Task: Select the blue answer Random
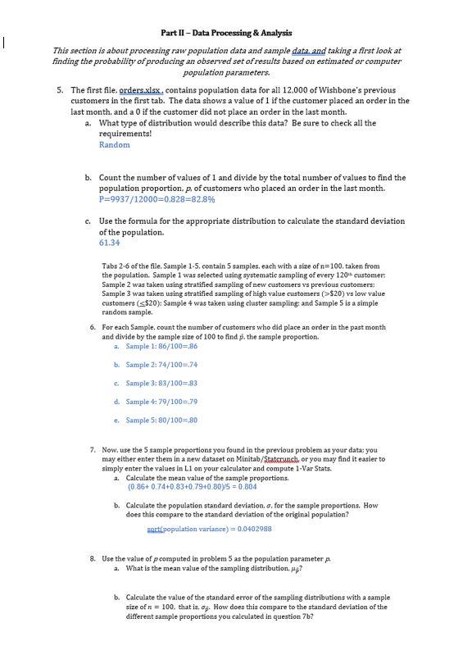114,145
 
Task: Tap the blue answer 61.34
109,243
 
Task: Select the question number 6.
93,327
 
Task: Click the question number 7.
93,450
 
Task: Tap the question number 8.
93,557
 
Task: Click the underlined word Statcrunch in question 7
281,459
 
